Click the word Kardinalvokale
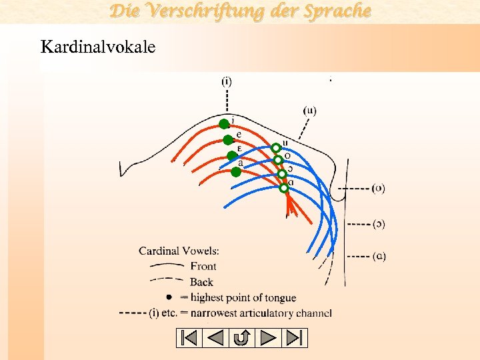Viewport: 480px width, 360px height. tap(98, 47)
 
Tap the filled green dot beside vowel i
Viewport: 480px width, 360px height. tap(224, 123)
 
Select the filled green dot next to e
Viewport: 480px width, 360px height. tap(228, 139)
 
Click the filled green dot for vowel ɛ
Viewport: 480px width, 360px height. tap(232, 156)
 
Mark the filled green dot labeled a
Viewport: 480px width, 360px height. tap(236, 172)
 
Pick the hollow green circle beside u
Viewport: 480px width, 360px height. tap(275, 148)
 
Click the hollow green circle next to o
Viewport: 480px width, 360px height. tap(279, 160)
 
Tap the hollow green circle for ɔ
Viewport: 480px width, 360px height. tap(282, 174)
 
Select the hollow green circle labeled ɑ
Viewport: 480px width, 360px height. tap(284, 188)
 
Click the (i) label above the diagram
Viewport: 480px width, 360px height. tap(227, 81)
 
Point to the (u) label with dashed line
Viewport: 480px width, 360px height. tap(310, 111)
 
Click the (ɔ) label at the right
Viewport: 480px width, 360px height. tap(378, 223)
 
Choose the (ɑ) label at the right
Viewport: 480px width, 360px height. tap(378, 255)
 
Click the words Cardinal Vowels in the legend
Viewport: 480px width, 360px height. tap(179, 251)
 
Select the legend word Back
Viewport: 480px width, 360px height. tap(201, 282)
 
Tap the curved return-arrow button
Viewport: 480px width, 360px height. tap(241, 338)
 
